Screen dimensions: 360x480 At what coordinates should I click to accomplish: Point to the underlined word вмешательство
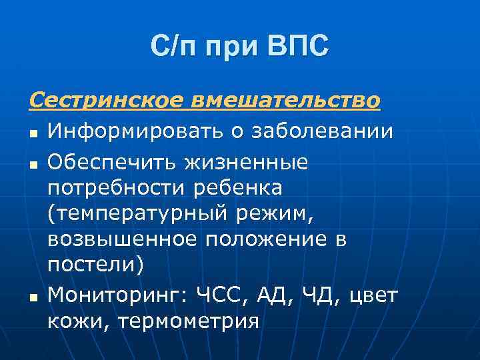pos(286,101)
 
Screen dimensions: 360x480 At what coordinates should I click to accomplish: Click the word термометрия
pos(189,321)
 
